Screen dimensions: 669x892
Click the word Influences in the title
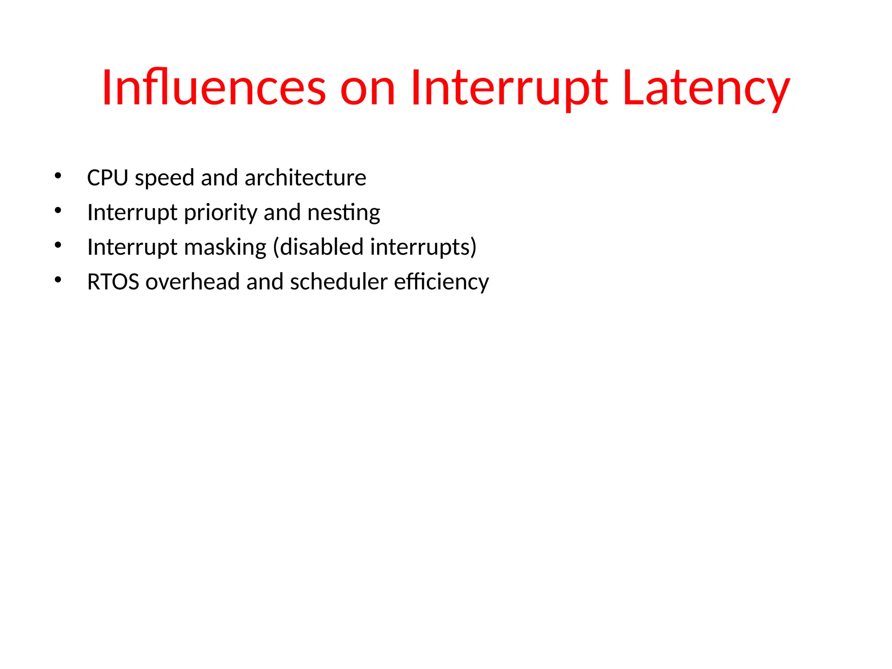(213, 88)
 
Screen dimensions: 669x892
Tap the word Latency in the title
(706, 88)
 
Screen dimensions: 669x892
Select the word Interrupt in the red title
(508, 88)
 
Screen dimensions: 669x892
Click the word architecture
(305, 178)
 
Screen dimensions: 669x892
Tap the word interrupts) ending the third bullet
(423, 247)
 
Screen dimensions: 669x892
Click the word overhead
(193, 282)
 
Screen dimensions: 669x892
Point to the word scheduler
(338, 282)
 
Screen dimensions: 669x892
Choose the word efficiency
(441, 282)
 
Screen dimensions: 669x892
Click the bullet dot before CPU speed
(58, 176)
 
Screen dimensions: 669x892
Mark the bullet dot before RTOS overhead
(58, 280)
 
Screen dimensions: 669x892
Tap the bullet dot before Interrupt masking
(58, 245)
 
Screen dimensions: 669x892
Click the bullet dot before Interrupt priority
(58, 211)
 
